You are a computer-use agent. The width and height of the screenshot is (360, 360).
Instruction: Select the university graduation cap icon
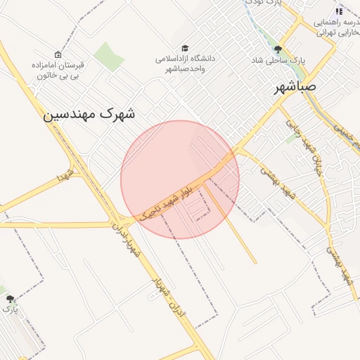pos(185,48)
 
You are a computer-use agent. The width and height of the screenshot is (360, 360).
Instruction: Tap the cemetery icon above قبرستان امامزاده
pos(58,54)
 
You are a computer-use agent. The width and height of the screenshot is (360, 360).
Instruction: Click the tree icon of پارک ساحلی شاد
pos(278,49)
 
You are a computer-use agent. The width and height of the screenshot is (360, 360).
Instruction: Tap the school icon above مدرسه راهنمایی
pos(339,11)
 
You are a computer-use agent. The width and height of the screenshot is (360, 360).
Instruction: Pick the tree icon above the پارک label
pos(10,299)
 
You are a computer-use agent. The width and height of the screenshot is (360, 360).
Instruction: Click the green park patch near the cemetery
pos(108,56)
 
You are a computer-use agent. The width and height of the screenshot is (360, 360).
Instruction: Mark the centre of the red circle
pos(180,179)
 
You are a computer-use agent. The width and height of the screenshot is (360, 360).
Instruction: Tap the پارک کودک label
pos(266,3)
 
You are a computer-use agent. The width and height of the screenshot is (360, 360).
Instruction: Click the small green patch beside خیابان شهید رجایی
pos(292,139)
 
